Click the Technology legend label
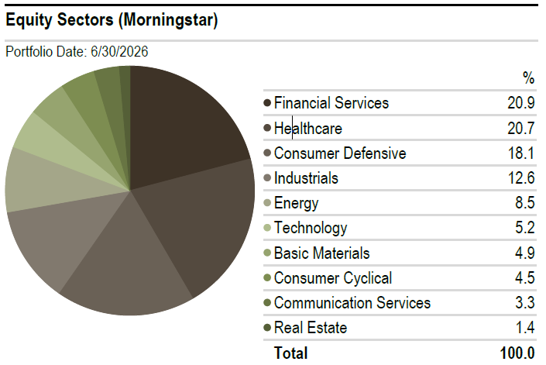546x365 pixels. (x=311, y=228)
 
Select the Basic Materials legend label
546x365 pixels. (x=321, y=253)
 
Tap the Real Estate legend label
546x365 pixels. (x=311, y=328)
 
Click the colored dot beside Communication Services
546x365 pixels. (x=267, y=303)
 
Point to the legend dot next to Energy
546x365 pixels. (x=267, y=203)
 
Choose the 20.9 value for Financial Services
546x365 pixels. (x=521, y=103)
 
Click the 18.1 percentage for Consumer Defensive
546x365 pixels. (x=521, y=153)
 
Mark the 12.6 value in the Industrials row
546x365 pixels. (x=521, y=178)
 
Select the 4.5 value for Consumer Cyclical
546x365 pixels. (x=525, y=278)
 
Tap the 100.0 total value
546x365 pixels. (x=517, y=353)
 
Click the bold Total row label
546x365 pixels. (x=290, y=353)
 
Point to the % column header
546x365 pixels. (x=529, y=78)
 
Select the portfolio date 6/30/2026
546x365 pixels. (x=119, y=52)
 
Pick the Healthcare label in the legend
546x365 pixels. (x=307, y=129)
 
